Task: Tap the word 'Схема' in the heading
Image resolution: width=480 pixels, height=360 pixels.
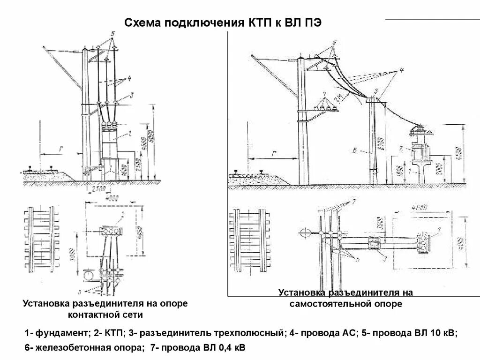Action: tap(141, 23)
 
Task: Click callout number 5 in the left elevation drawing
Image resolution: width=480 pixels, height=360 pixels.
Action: tap(113, 34)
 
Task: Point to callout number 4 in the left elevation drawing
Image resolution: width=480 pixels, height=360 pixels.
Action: tap(130, 78)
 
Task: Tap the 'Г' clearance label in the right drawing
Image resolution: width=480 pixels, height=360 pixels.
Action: tap(273, 154)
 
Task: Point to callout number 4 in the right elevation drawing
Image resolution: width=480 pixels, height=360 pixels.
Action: tap(402, 70)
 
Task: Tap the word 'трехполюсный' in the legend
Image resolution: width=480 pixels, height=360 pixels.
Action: tap(244, 333)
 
